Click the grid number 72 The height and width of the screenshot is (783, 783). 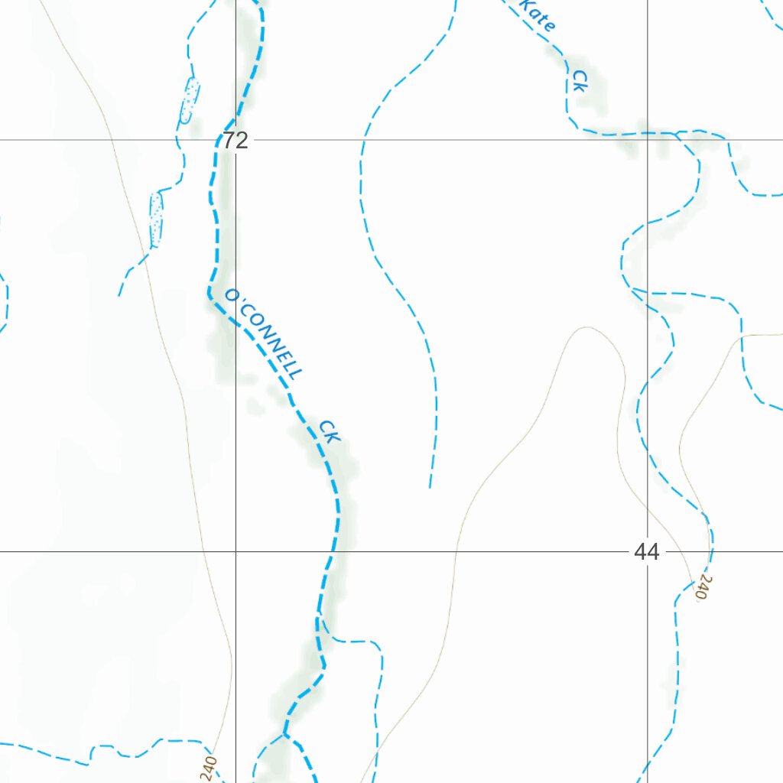236,141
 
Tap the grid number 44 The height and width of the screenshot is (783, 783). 646,551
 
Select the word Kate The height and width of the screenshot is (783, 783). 538,15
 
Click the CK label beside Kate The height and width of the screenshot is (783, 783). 580,81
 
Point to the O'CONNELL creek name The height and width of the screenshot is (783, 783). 265,333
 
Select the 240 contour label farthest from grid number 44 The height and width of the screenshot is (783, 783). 209,767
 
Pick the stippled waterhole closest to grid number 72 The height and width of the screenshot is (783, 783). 189,100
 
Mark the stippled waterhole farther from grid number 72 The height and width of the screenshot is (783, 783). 157,219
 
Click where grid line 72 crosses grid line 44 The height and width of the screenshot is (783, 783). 236,551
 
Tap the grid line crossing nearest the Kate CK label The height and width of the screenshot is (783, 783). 648,140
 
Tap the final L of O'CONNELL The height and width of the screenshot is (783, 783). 296,373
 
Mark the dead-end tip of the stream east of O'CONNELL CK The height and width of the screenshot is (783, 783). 430,487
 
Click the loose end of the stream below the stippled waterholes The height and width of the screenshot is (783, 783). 119,295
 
